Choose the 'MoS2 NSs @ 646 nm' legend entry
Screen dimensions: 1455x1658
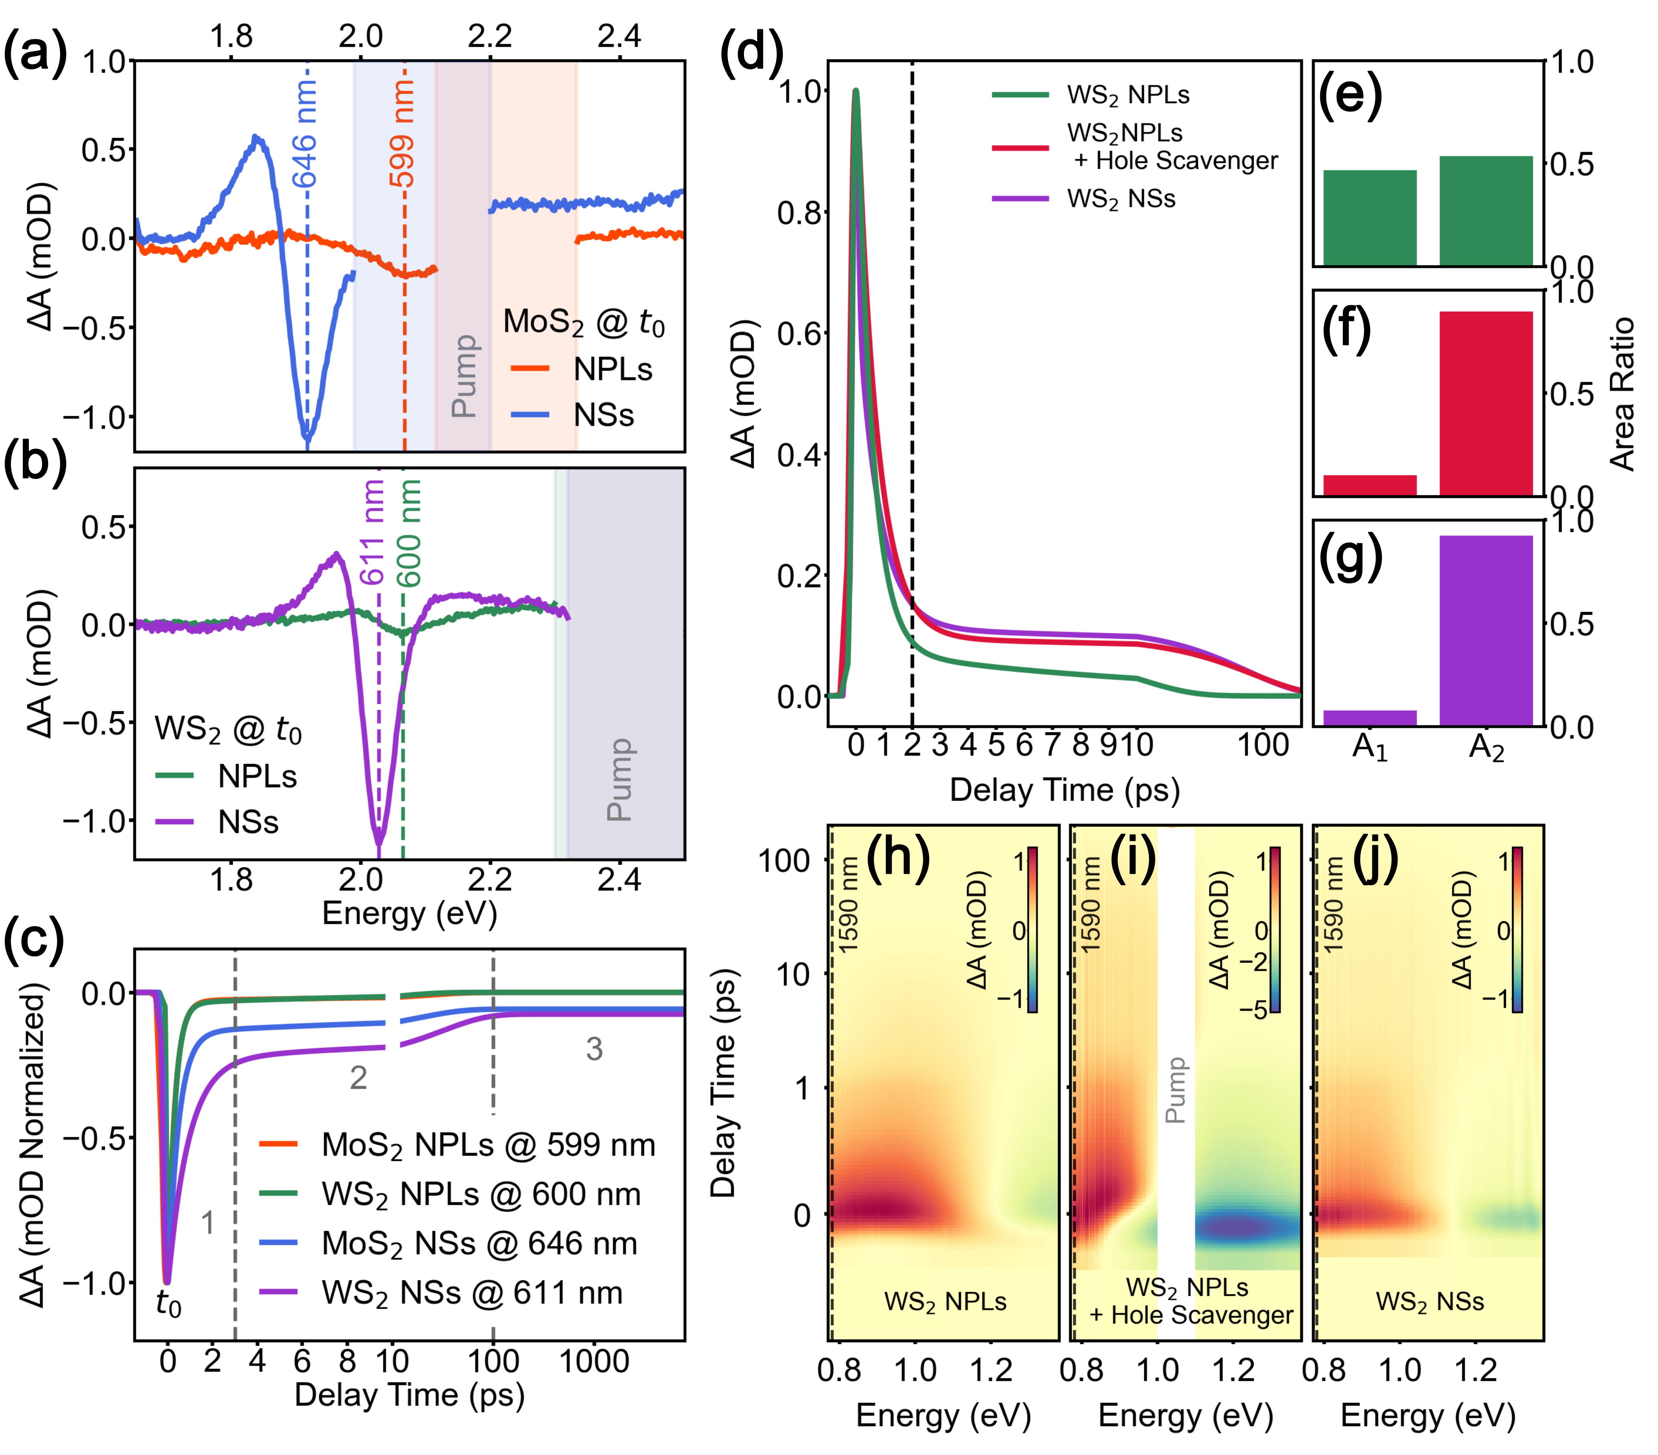click(x=478, y=1243)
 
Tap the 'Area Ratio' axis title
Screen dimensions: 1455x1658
click(x=1622, y=394)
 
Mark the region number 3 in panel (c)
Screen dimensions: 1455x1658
click(x=594, y=1050)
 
